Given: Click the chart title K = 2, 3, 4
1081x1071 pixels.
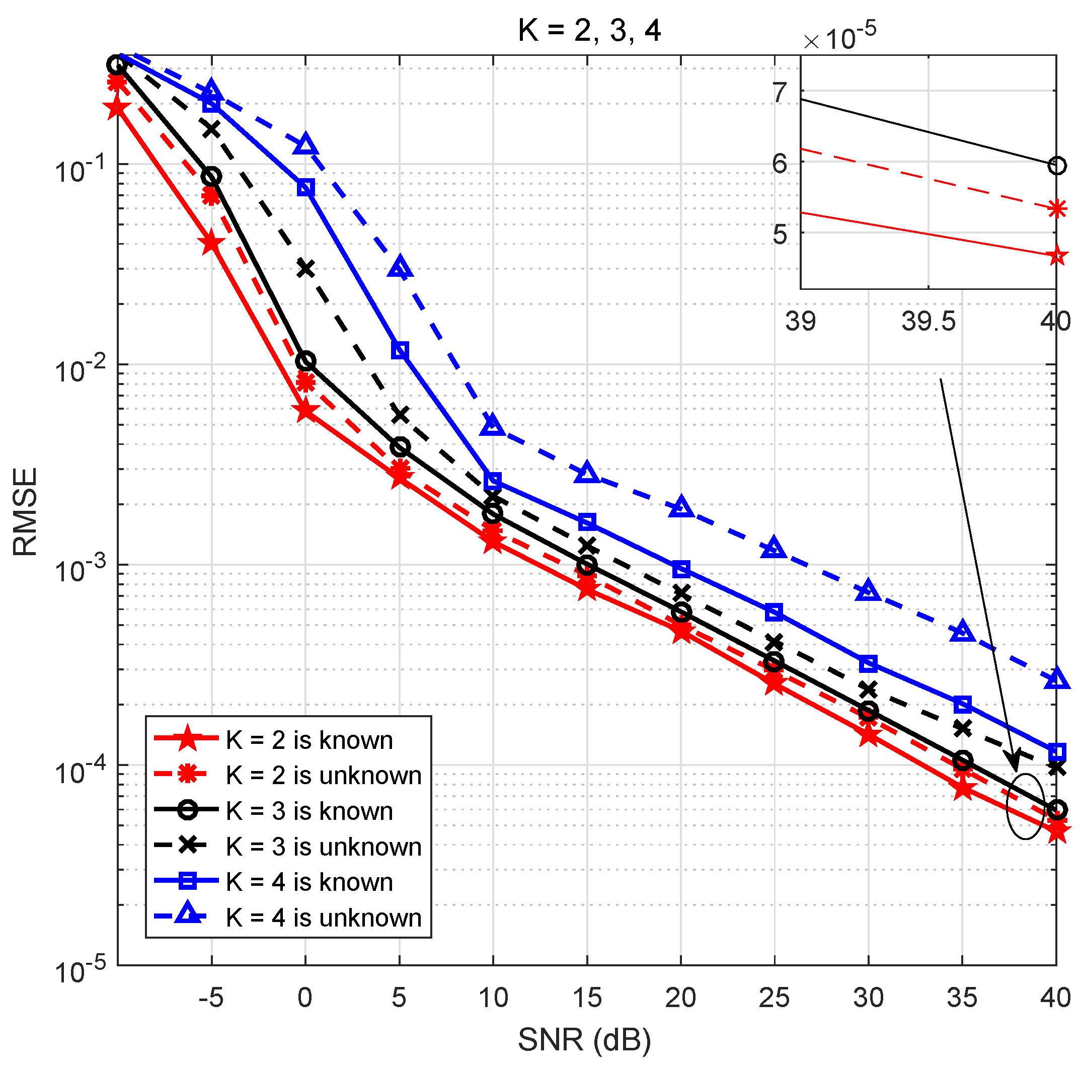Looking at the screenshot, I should coord(589,30).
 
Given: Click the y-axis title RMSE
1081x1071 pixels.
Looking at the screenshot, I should coord(25,511).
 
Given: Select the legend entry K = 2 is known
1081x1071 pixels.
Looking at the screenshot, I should coord(309,740).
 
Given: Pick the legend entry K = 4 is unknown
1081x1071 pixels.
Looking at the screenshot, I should coord(324,917).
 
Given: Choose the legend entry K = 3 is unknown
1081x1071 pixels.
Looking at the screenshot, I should coord(324,847).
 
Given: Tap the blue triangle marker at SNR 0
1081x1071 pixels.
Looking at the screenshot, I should coord(305,144).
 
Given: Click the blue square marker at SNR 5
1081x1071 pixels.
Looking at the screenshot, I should coord(400,351).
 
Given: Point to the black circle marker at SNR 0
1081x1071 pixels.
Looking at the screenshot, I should coord(305,361).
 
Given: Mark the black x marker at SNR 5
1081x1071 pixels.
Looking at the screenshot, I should coord(400,415).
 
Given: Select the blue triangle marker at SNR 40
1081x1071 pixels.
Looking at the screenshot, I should coord(1056,679).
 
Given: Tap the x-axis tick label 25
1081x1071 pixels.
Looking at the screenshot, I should coord(774,998).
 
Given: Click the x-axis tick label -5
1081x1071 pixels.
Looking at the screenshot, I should coord(211,998).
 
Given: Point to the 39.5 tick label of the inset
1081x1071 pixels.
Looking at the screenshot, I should coord(928,321).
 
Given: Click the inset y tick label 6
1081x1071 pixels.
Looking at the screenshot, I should coord(780,163).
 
